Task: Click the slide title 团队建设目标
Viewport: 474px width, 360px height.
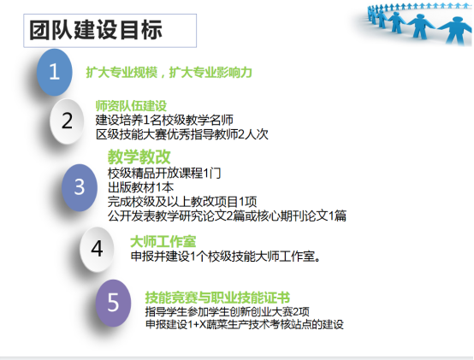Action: pos(96,30)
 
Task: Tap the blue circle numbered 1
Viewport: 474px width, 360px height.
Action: pos(55,72)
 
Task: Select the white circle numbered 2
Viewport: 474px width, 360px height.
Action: pos(67,121)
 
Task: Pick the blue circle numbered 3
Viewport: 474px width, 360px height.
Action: pos(80,187)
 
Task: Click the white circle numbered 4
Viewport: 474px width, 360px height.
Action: pos(97,249)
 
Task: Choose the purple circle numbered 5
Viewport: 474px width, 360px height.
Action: pos(113,303)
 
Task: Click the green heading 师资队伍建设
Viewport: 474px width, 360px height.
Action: pos(131,106)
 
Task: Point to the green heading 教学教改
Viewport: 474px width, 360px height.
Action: pos(139,156)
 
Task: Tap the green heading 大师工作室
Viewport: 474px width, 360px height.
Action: pos(163,242)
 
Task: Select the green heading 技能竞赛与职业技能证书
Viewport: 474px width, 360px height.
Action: pos(217,298)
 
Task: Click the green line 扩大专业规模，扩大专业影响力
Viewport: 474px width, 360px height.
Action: pos(169,73)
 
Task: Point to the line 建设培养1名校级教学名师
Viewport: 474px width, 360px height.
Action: pos(164,120)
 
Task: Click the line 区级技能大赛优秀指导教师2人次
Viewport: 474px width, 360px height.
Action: pos(182,134)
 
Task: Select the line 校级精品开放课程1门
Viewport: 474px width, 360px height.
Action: pos(164,173)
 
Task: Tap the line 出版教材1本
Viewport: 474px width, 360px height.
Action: pos(140,187)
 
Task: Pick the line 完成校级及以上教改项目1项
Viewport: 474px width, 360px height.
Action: pos(182,202)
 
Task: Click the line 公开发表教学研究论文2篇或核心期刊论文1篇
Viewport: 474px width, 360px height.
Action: pos(227,215)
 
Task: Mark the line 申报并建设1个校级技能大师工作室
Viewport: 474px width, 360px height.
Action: pos(226,257)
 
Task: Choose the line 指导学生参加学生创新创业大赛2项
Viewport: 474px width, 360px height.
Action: pos(228,311)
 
